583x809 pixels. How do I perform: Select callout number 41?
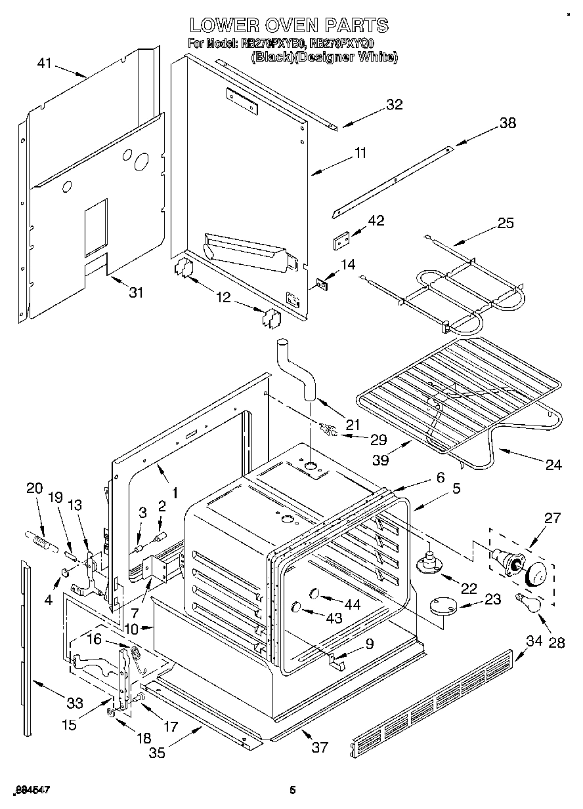pyautogui.click(x=44, y=63)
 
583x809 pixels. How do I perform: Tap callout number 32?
pyautogui.click(x=394, y=105)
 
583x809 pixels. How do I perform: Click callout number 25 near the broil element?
pyautogui.click(x=505, y=223)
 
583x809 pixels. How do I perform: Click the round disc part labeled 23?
pyautogui.click(x=446, y=606)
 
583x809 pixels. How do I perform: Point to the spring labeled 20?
pyautogui.click(x=41, y=542)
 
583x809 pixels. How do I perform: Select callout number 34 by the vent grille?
pyautogui.click(x=535, y=640)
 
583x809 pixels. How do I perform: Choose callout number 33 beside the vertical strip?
pyautogui.click(x=75, y=703)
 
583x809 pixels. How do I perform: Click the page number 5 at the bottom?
pyautogui.click(x=293, y=791)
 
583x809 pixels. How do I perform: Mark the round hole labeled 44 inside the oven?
pyautogui.click(x=313, y=594)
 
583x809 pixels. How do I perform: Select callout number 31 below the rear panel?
pyautogui.click(x=135, y=292)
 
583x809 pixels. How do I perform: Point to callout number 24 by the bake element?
pyautogui.click(x=553, y=465)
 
